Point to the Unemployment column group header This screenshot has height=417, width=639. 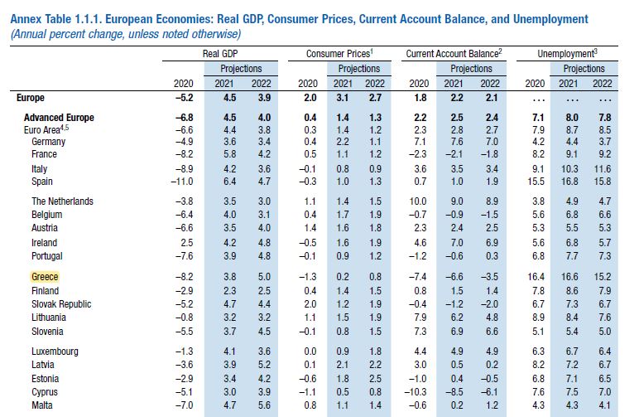click(x=569, y=53)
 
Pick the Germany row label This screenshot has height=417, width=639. click(x=50, y=142)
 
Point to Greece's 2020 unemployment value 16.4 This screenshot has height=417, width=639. click(x=536, y=277)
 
